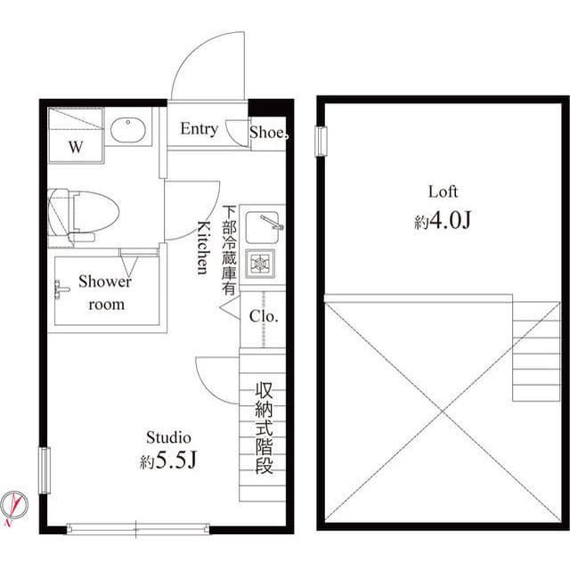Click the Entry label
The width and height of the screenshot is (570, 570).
pos(199,129)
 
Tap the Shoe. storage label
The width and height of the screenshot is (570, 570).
pos(268,134)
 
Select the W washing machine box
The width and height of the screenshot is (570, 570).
pos(76,136)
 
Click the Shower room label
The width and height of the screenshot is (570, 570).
pos(105,293)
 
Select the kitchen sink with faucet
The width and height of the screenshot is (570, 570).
pos(262,226)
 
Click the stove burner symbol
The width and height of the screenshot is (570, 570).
pos(262,264)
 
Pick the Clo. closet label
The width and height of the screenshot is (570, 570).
pos(264,316)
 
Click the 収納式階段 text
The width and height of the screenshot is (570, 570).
pos(264,427)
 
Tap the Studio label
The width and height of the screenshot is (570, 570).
pos(168,437)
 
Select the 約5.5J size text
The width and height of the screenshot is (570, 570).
pos(168,462)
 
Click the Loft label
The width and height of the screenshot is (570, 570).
pos(443,191)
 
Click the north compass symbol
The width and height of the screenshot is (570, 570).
pos(15,505)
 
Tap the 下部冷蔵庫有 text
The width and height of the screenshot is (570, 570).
pos(230,251)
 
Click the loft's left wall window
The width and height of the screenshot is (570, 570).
pos(321,140)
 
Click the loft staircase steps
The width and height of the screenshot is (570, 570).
pos(535,352)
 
